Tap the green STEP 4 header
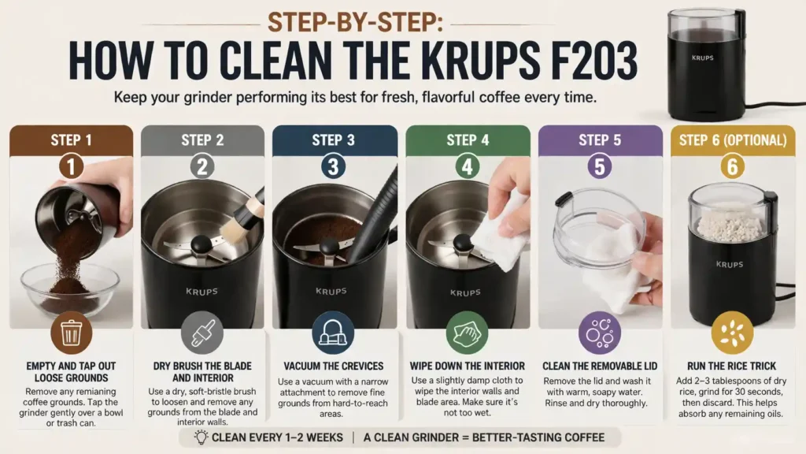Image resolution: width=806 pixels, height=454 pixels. [x=468, y=140]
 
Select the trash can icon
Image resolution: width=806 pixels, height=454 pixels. [x=71, y=335]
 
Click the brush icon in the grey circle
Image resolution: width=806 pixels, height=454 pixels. [x=202, y=335]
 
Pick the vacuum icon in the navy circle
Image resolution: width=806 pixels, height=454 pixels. [x=333, y=335]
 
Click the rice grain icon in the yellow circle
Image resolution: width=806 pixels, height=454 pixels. [x=732, y=333]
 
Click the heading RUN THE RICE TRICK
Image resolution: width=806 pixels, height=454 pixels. [x=732, y=366]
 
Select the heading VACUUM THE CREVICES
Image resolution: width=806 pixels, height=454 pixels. [x=333, y=366]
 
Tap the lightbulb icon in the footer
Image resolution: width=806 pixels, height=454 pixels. [x=201, y=437]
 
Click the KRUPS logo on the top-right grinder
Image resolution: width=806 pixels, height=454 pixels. [x=704, y=58]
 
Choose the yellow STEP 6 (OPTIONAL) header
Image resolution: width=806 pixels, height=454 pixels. [x=732, y=140]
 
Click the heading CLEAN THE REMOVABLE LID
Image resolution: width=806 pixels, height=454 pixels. [x=600, y=366]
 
